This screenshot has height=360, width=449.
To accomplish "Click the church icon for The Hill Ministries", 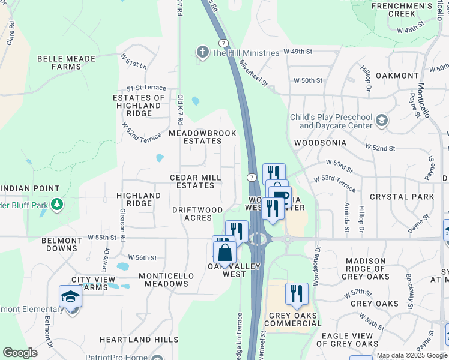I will tap(203, 52).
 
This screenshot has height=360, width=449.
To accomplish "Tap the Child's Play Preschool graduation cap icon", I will tap(381, 122).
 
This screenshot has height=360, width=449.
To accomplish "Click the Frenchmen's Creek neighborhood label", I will tap(410, 10).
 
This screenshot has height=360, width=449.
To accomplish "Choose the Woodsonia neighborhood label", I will tap(320, 143).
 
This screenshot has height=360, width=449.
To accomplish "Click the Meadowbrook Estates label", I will tap(202, 137).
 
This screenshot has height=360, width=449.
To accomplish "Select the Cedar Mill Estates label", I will tap(196, 182).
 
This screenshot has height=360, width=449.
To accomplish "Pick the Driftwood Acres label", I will tap(197, 214).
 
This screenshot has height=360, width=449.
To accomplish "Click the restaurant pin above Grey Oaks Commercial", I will tap(297, 294).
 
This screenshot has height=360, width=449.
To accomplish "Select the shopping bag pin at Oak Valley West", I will tap(224, 253).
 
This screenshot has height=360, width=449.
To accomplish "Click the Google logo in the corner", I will tap(20, 353).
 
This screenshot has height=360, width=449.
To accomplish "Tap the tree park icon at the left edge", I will tap(57, 205).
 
